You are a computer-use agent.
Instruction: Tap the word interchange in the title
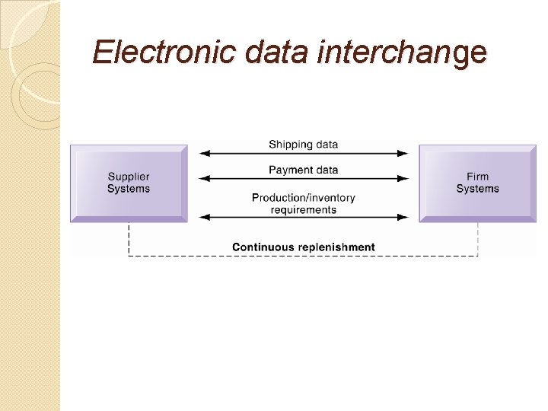click(x=400, y=53)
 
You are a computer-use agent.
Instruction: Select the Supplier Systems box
click(x=129, y=183)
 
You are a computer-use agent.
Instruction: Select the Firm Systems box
click(x=477, y=183)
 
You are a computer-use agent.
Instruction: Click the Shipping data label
click(x=303, y=145)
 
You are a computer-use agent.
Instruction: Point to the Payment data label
click(x=303, y=170)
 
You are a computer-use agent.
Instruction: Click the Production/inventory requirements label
click(x=303, y=203)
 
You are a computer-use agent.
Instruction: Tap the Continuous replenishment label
click(x=303, y=247)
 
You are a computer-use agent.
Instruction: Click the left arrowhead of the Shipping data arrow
click(x=203, y=154)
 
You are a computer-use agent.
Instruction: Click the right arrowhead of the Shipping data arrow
click(x=403, y=154)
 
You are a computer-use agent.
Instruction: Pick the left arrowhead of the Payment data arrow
click(x=203, y=179)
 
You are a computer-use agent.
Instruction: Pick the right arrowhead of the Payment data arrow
click(x=403, y=179)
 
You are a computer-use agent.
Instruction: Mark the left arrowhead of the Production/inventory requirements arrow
click(x=203, y=218)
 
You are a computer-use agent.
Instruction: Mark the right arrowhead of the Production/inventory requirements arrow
click(x=403, y=218)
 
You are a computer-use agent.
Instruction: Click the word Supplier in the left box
click(x=129, y=177)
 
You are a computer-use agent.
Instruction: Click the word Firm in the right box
click(x=477, y=177)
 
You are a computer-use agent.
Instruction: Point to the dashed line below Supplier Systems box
click(x=129, y=239)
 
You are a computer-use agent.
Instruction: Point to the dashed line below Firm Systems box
click(x=478, y=239)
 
